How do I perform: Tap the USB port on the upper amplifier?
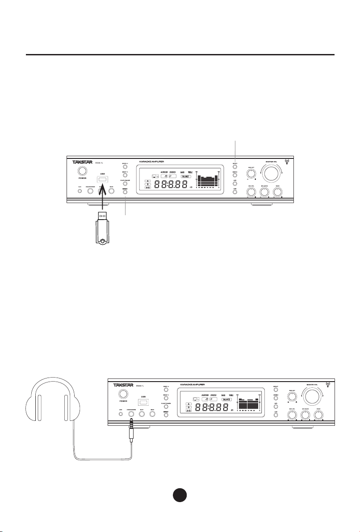[102, 179]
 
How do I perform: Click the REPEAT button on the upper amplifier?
[125, 193]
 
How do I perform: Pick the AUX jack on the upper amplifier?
[80, 191]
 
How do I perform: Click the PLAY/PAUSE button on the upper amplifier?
[125, 183]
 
